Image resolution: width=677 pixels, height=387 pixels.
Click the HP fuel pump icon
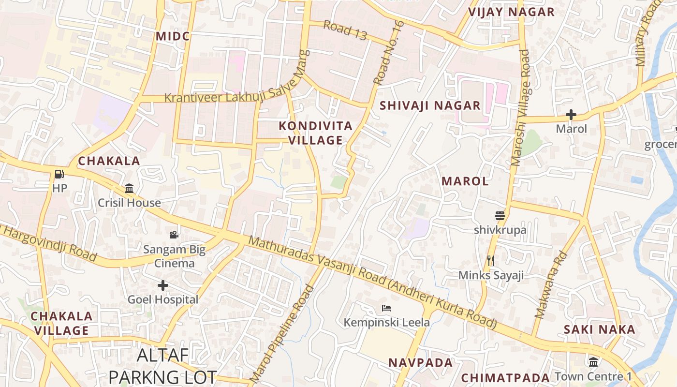pyautogui.click(x=59, y=174)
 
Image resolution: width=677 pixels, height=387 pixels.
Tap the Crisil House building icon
pyautogui.click(x=129, y=188)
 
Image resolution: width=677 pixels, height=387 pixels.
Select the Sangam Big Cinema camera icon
pyautogui.click(x=174, y=235)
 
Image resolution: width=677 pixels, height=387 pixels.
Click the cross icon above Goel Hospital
pyautogui.click(x=163, y=285)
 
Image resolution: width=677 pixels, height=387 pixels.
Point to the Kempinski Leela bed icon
pyautogui.click(x=386, y=308)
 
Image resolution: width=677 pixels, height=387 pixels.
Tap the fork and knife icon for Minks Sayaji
pyautogui.click(x=491, y=261)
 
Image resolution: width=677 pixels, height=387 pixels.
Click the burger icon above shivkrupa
pyautogui.click(x=500, y=215)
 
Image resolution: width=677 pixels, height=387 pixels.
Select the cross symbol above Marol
pyautogui.click(x=571, y=115)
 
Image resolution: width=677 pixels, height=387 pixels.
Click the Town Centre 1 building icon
pyautogui.click(x=593, y=362)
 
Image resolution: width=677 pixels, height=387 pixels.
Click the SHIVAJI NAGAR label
pyautogui.click(x=430, y=105)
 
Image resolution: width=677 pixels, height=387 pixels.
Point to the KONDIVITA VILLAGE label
pyautogui.click(x=315, y=134)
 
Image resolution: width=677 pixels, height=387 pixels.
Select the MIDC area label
pyautogui.click(x=173, y=36)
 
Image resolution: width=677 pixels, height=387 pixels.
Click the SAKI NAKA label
pyautogui.click(x=599, y=329)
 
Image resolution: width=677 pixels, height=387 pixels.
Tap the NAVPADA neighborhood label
pyautogui.click(x=421, y=362)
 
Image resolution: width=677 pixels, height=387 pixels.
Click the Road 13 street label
pyautogui.click(x=345, y=30)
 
